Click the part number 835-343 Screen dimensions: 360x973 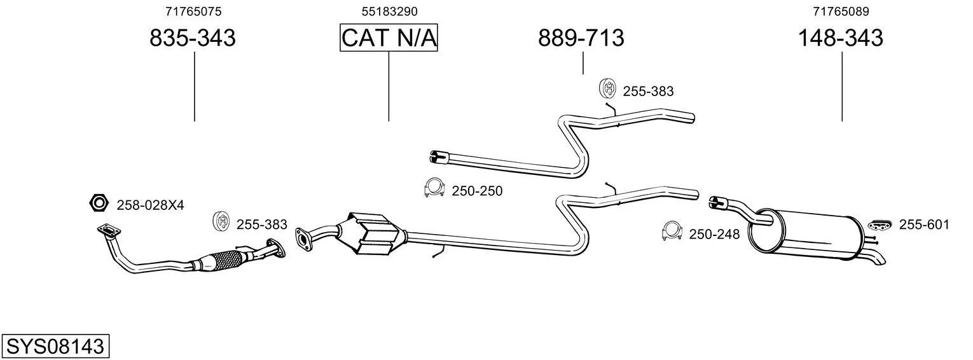(192, 38)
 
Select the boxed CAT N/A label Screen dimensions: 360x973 (389, 38)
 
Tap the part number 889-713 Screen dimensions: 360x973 (581, 38)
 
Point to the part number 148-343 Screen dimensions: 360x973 (840, 38)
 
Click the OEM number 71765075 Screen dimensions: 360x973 (193, 11)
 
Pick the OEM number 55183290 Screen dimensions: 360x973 (389, 11)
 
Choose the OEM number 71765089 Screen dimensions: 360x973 (841, 11)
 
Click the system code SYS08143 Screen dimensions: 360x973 (55, 347)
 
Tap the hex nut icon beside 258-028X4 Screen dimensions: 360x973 (99, 204)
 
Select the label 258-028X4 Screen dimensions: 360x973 (150, 205)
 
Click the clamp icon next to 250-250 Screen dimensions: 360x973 (434, 188)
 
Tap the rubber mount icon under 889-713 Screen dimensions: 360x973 (607, 89)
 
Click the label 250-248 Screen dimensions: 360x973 (714, 235)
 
